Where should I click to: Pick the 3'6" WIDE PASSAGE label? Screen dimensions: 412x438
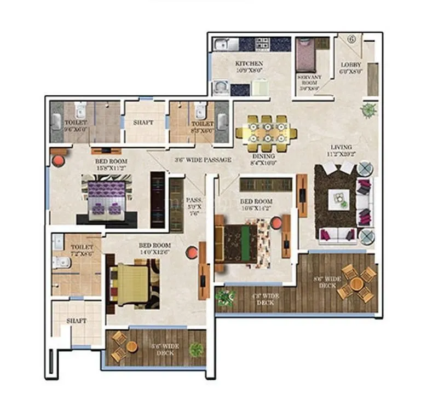point(203,160)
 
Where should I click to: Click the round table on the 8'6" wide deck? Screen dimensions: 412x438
point(357,283)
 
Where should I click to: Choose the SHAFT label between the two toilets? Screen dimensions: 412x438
point(143,123)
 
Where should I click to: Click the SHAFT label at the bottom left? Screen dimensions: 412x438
point(76,321)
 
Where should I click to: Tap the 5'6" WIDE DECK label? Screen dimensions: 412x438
point(165,349)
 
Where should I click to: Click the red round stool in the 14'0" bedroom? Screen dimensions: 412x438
point(192,252)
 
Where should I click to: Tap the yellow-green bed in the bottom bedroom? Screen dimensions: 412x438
point(132,280)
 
